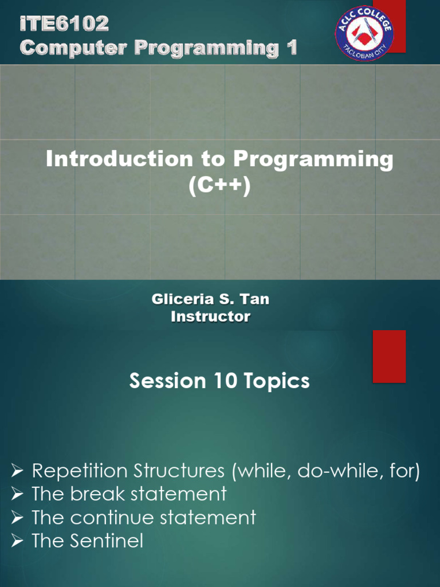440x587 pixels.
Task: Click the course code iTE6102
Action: pos(64,24)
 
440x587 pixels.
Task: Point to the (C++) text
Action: pos(220,187)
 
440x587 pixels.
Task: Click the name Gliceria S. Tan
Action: pos(210,299)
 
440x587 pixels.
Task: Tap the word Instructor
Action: pos(210,316)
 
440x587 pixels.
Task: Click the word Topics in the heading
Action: pos(274,382)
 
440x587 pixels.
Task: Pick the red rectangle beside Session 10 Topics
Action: pos(389,356)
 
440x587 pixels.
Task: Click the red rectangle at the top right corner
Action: pos(395,26)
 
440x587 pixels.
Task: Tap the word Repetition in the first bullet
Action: pos(79,472)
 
